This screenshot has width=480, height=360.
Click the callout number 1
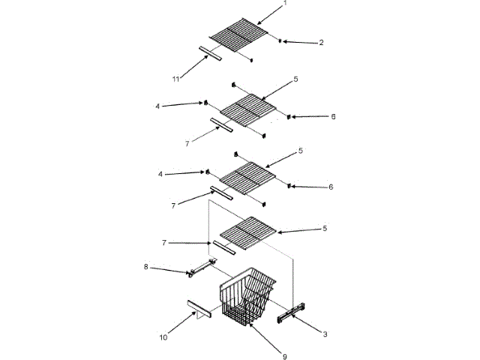[x=285, y=4]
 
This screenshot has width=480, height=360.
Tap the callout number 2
[x=321, y=43]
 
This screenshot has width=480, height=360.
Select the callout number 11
[x=176, y=77]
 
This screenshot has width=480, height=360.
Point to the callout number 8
[x=146, y=266]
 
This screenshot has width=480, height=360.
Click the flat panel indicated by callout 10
[x=199, y=309]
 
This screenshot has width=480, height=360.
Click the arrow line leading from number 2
[x=300, y=42]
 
